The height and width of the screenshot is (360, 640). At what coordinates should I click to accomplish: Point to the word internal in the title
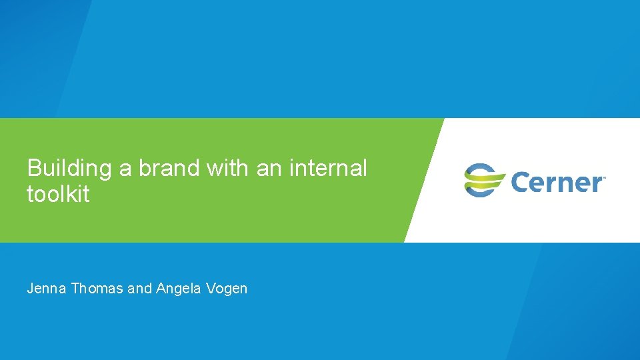(328, 169)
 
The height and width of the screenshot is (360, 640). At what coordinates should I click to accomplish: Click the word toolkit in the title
(58, 195)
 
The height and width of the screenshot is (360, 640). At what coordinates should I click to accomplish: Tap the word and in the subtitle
(139, 289)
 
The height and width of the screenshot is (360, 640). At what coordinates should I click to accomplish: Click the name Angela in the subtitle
(177, 289)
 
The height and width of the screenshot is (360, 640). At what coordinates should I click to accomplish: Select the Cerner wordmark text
(556, 181)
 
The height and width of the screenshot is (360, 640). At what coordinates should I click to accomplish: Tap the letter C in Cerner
(520, 181)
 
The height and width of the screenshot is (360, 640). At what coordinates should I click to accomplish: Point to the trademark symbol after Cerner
(604, 177)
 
